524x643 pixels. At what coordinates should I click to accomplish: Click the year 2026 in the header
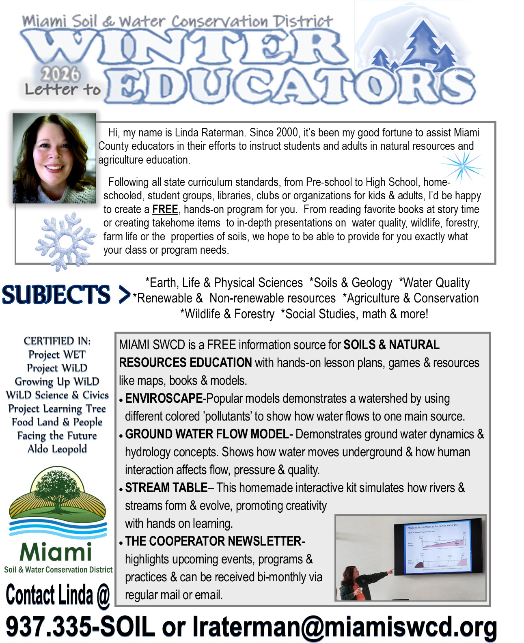[60, 74]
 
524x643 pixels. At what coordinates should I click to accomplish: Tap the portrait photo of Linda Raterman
[54, 158]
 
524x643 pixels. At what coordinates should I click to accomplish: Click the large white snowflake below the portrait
[65, 241]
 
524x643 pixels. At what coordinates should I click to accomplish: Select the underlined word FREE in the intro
[165, 209]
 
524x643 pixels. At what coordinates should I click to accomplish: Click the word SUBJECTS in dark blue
[56, 295]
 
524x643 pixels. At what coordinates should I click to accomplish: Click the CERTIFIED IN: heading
[57, 341]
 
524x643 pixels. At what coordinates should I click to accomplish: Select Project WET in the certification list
[57, 354]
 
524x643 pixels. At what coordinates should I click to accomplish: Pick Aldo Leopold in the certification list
[57, 449]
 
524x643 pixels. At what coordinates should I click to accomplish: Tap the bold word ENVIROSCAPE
[164, 399]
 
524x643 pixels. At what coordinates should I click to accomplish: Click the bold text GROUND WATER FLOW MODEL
[207, 434]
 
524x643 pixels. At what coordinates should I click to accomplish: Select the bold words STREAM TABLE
[166, 488]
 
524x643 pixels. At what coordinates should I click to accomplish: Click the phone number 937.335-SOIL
[80, 627]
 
